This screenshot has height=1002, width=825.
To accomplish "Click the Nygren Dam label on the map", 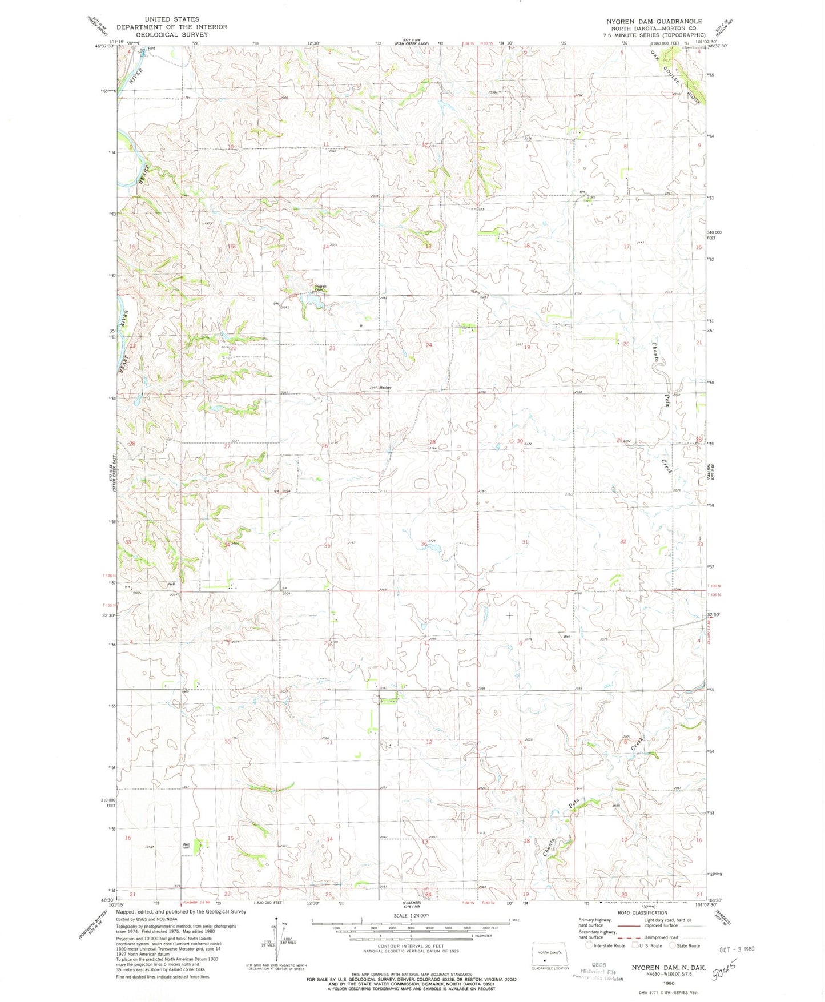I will coord(321,288).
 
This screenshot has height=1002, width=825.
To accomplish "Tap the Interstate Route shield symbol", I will coord(589,961).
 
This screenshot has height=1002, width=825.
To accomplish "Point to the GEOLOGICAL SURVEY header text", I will coord(163,34).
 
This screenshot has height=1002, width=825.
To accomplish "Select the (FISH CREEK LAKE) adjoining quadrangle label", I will coord(413,41).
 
